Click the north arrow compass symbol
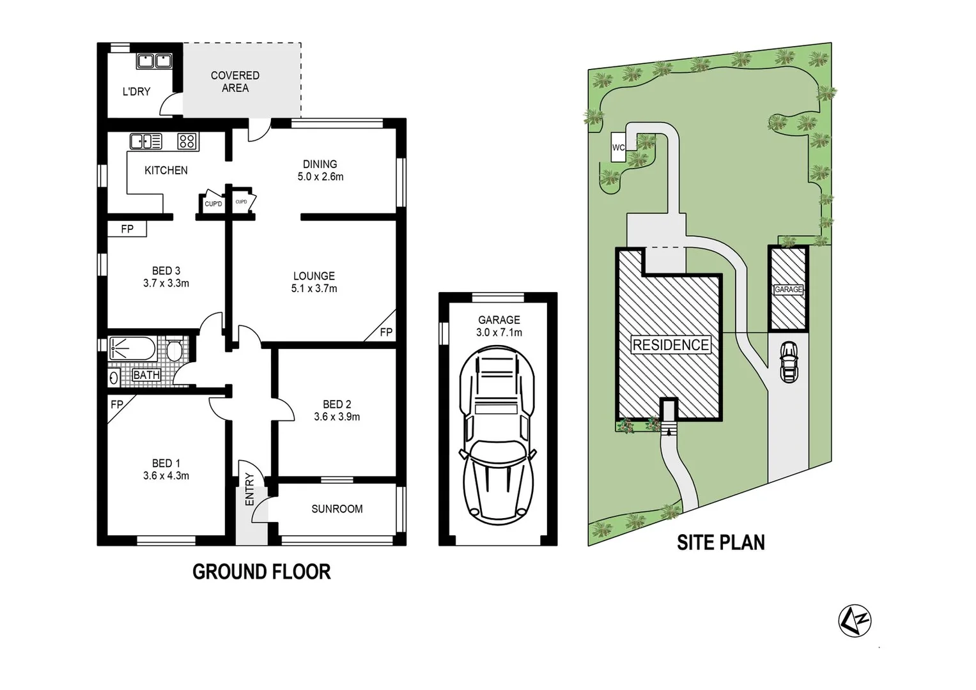[855, 620]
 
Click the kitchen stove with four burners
[187, 141]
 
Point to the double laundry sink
[154, 61]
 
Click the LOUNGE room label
[314, 276]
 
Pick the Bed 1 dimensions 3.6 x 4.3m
[166, 476]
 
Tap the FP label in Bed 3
[127, 229]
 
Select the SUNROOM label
[337, 509]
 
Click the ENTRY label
[249, 490]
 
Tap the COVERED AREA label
[235, 82]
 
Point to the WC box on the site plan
[618, 148]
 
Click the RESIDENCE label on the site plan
[670, 345]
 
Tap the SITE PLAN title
[720, 542]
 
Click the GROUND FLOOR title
[261, 572]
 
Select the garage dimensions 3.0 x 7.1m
[499, 333]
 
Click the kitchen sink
[146, 141]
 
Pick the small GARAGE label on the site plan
[788, 289]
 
